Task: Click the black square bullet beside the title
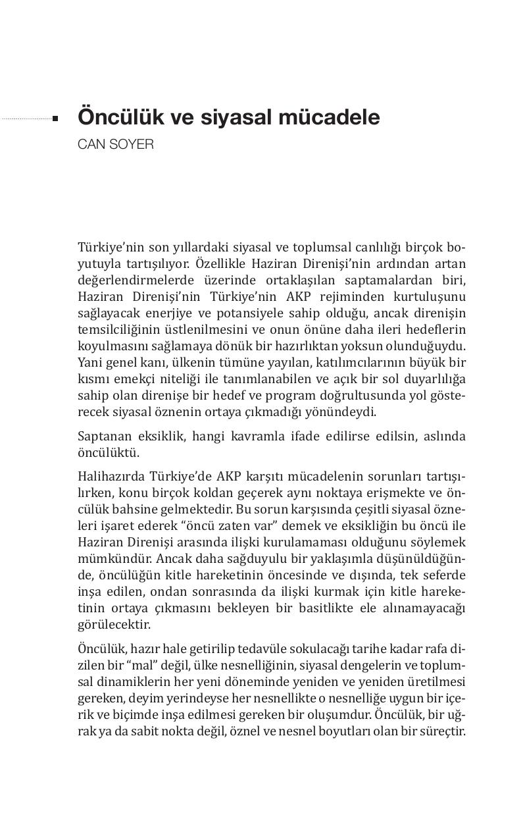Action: (56, 119)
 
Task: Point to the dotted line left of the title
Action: (26, 119)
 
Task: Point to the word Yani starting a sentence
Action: (89, 363)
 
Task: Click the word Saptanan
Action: (102, 436)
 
